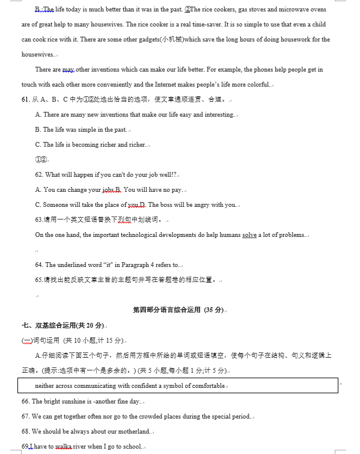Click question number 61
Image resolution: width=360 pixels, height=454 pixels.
(x=26, y=99)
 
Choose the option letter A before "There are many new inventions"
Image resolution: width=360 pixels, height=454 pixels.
(x=38, y=114)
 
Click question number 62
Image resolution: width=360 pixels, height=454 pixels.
(x=39, y=174)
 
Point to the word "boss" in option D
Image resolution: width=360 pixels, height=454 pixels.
(x=169, y=204)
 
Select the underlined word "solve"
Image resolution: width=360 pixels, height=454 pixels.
(x=249, y=235)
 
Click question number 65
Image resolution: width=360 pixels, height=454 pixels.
(x=39, y=280)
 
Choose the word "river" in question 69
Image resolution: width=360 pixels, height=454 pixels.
(x=80, y=446)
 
